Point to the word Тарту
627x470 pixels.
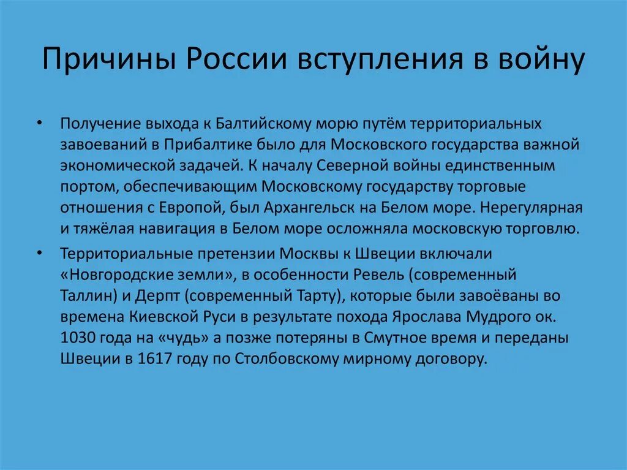coord(317,295)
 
